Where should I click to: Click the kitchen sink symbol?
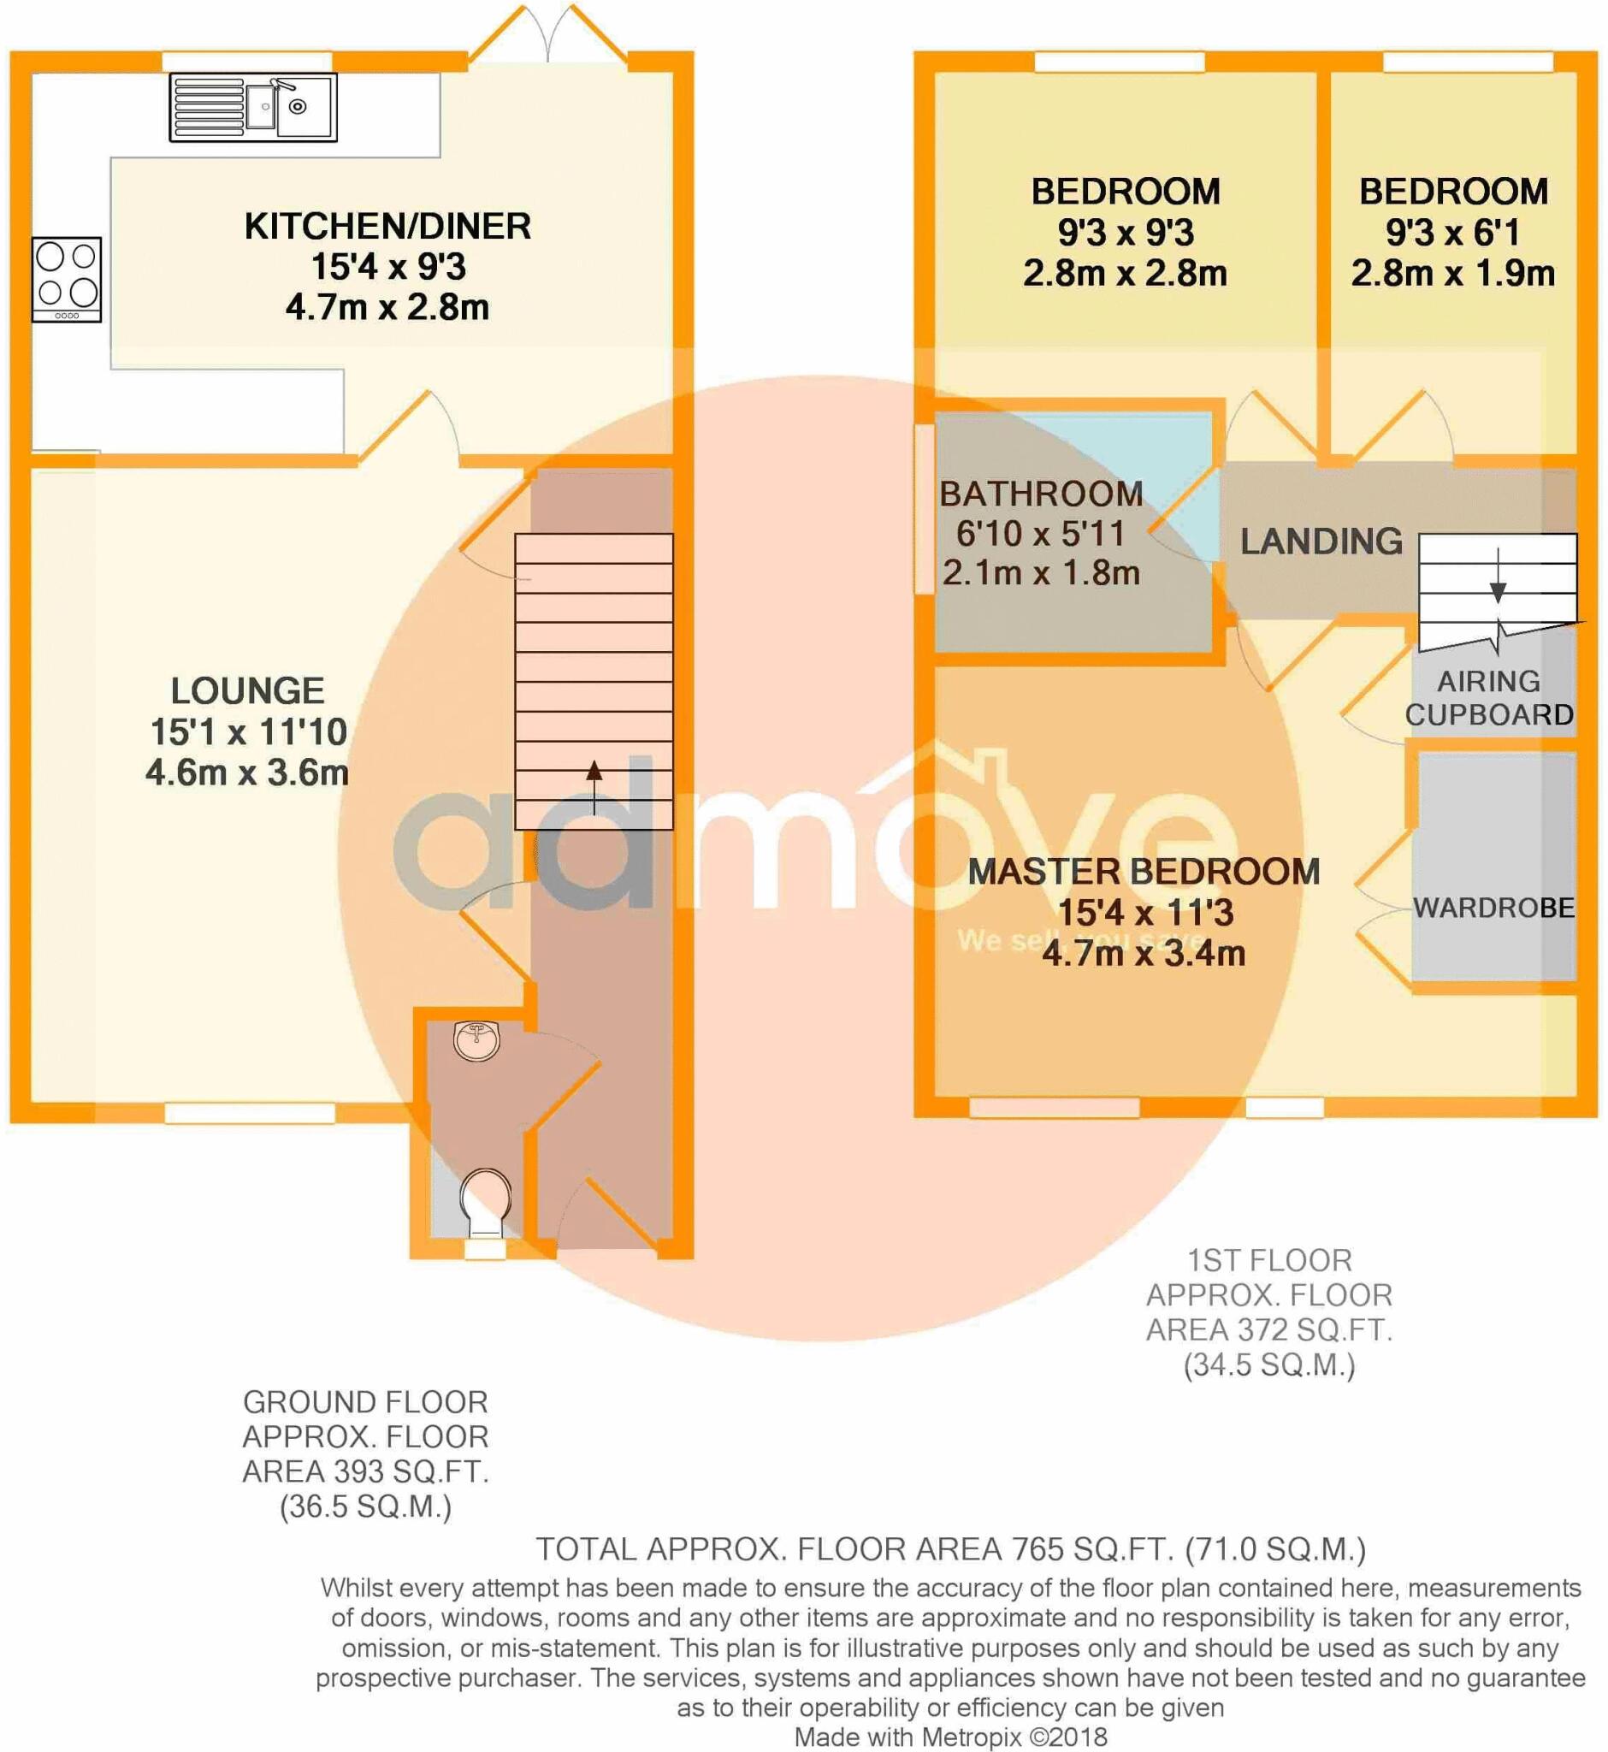click(253, 107)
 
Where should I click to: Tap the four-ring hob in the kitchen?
click(67, 280)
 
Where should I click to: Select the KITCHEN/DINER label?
click(387, 227)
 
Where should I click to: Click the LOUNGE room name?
click(248, 691)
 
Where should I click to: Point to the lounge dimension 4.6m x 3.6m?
click(247, 772)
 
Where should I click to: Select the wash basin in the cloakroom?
click(476, 1041)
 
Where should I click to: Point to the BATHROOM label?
click(1041, 494)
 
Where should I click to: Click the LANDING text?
click(1321, 542)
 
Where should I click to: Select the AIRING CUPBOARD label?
click(1489, 698)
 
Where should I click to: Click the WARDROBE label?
click(1493, 908)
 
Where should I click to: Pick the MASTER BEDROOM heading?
click(1144, 872)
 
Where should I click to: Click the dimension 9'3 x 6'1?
click(1453, 233)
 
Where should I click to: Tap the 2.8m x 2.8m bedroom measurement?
click(1125, 273)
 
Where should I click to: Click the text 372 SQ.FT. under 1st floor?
click(1269, 1330)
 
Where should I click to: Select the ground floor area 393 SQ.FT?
click(365, 1471)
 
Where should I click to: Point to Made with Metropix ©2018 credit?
click(951, 1737)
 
